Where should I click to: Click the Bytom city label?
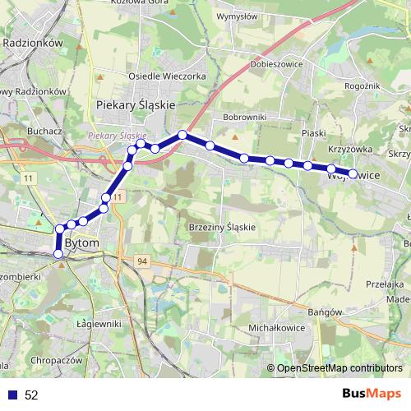coord(81,244)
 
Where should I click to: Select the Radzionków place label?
coord(34,42)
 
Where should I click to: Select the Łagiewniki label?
coord(98,323)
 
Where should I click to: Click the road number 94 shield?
coord(142,261)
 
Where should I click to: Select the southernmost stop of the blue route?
coord(58,254)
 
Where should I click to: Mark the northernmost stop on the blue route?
coord(182,134)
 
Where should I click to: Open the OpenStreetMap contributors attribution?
coord(339,368)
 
